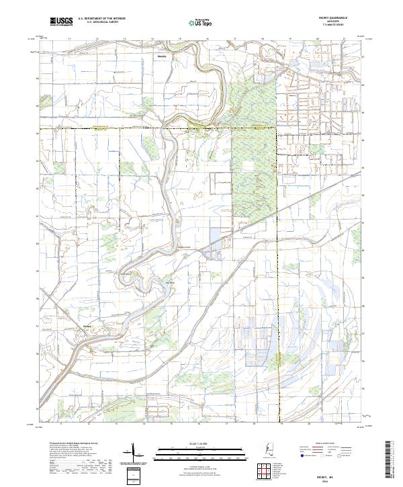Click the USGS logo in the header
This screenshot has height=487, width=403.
[61, 21]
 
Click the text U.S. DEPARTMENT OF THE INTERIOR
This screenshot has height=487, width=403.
[101, 19]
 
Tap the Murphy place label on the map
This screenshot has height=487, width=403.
[161, 56]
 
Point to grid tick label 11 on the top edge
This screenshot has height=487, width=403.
[70, 39]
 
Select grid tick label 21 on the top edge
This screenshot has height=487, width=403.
[343, 39]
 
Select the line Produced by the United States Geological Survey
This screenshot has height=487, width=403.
[71, 444]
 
